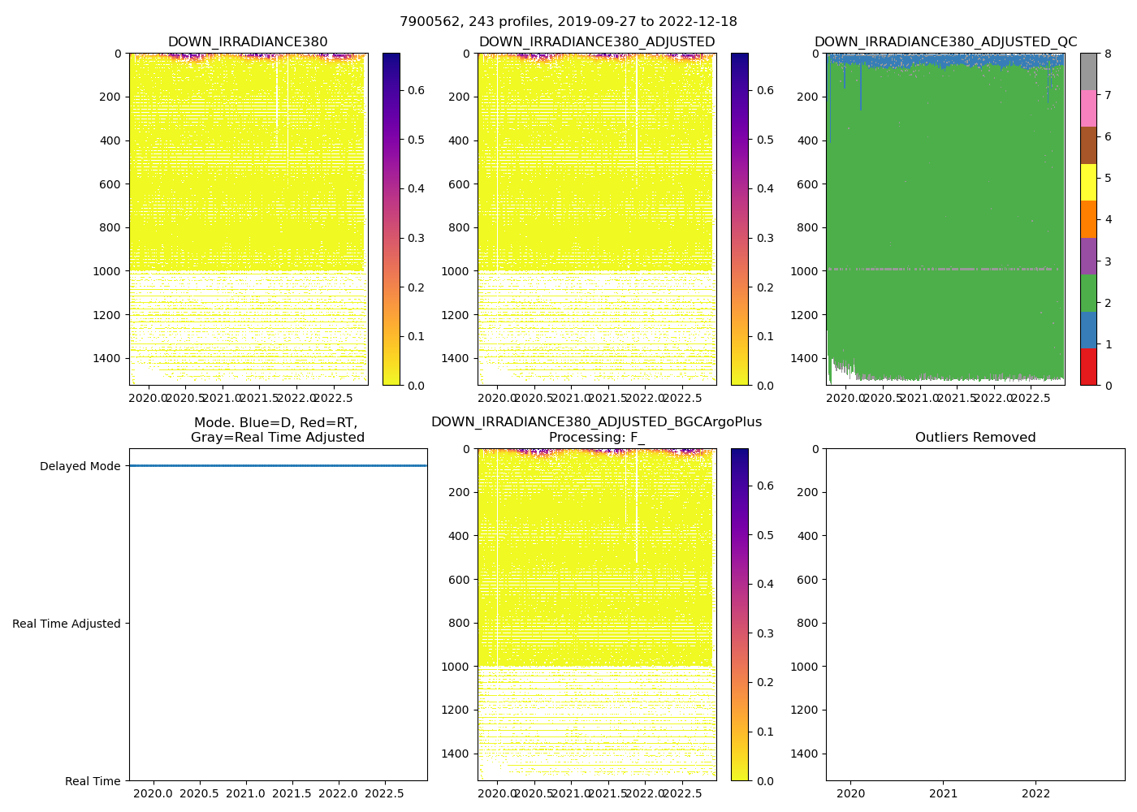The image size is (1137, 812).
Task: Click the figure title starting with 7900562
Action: coord(568,22)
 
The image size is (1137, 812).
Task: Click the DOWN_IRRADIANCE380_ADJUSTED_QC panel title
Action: coord(945,42)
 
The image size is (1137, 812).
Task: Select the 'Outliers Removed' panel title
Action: coord(975,438)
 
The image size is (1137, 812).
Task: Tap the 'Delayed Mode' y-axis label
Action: coord(80,466)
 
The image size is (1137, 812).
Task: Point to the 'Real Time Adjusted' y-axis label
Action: coord(67,624)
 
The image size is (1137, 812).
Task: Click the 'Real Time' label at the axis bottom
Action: coord(93,781)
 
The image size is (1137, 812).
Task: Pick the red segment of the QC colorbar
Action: coord(1088,367)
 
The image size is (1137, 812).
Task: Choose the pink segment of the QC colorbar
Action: coord(1088,108)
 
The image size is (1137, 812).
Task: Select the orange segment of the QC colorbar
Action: coord(1088,219)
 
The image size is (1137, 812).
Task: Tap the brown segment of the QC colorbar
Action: coord(1088,145)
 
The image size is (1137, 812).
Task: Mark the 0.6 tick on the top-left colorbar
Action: coord(415,90)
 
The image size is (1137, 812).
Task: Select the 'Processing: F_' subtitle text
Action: coord(596,438)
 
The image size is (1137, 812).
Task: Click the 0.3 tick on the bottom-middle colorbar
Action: coord(764,633)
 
